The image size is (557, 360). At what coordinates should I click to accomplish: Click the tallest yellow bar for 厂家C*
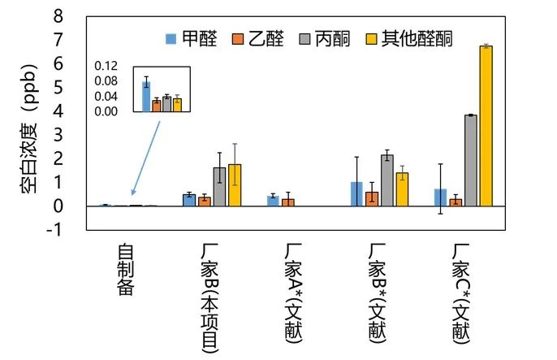[486, 126]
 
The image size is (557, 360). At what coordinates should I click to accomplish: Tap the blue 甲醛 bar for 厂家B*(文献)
[356, 193]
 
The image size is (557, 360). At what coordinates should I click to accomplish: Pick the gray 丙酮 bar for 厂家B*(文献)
[387, 180]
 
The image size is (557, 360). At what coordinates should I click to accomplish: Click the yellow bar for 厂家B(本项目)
[235, 185]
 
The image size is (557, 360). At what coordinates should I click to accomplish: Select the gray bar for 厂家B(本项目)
[219, 187]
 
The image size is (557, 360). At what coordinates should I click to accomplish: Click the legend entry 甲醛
[189, 37]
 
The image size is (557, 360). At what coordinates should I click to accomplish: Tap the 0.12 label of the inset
[106, 66]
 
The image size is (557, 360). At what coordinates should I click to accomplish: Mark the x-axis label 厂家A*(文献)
[294, 289]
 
